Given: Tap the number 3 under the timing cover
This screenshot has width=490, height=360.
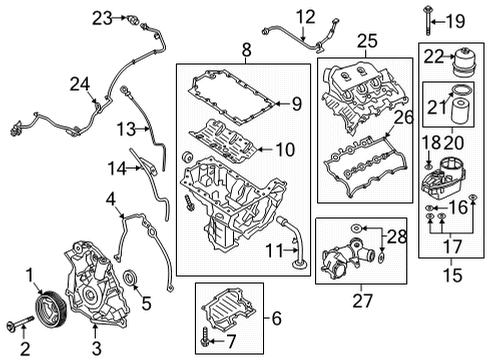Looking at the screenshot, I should pyautogui.click(x=97, y=346).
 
